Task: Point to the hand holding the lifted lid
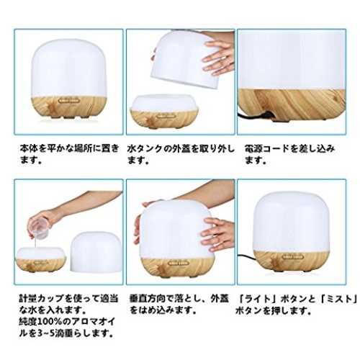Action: pyautogui.click(x=217, y=57)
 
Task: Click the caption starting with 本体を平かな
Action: pyautogui.click(x=69, y=153)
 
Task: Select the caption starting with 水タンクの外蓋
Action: pyautogui.click(x=181, y=153)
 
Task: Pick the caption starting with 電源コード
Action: pyautogui.click(x=289, y=153)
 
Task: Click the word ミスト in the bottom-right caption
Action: pyautogui.click(x=338, y=299)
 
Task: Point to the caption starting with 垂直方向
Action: pyautogui.click(x=179, y=305)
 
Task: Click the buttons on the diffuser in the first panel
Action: pyautogui.click(x=68, y=101)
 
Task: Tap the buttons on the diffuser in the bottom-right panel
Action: pyautogui.click(x=293, y=257)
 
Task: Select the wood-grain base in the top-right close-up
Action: pyautogui.click(x=292, y=104)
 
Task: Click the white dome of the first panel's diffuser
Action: pyautogui.click(x=69, y=68)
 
